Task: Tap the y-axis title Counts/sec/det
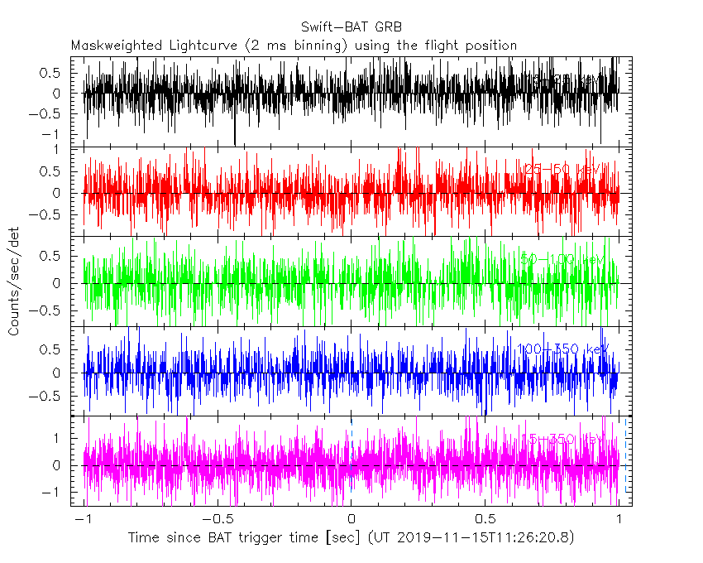click(x=14, y=284)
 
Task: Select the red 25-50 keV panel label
click(x=562, y=170)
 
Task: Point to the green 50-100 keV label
click(x=562, y=260)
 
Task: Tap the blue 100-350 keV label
click(x=562, y=349)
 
